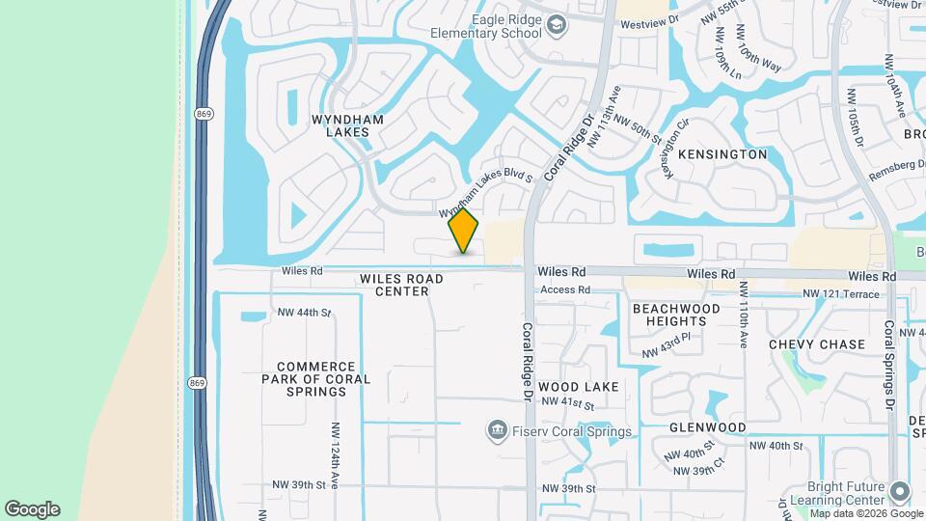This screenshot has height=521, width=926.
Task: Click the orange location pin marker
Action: (x=464, y=230)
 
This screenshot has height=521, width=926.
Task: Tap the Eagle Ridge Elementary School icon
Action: (x=557, y=26)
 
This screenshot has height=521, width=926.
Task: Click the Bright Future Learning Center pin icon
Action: (x=900, y=492)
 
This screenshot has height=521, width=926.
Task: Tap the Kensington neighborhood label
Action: (x=722, y=154)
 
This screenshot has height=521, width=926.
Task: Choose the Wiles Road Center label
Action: (x=401, y=285)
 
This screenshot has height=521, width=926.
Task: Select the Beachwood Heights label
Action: (x=676, y=315)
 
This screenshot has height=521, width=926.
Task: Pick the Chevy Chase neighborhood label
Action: (x=817, y=344)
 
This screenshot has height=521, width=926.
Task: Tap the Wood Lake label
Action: (x=579, y=386)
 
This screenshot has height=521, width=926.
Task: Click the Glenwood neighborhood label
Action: (x=708, y=426)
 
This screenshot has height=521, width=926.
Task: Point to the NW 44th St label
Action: (x=304, y=313)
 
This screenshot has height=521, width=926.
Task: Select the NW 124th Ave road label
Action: (x=336, y=455)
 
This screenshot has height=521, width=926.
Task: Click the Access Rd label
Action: (x=564, y=289)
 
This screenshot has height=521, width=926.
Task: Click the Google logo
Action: (x=32, y=509)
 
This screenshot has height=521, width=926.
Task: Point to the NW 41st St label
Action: (x=566, y=401)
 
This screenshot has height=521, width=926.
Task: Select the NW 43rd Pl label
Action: (x=667, y=345)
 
